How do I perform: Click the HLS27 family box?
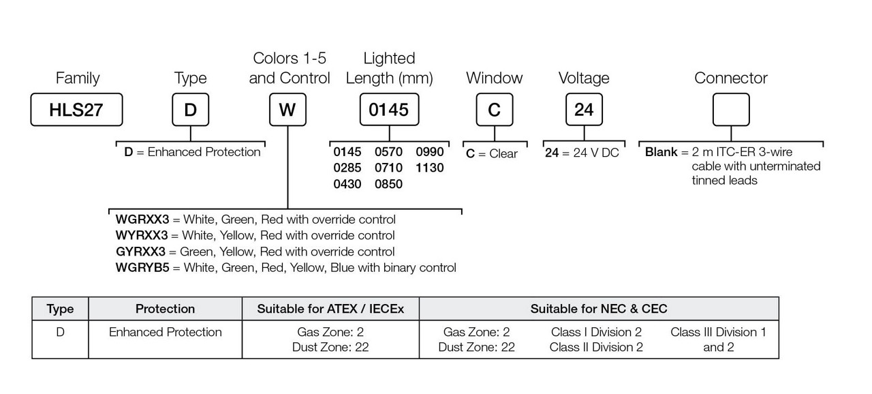76,110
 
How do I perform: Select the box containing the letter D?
190,110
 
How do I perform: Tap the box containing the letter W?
287,110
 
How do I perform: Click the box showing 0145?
389,110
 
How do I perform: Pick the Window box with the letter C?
494,110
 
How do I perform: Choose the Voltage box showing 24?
584,110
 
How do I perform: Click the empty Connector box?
731,110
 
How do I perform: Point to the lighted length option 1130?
430,168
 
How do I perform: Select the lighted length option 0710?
389,168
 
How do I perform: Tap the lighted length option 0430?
347,184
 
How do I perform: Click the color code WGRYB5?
142,268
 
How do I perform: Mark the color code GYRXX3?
141,252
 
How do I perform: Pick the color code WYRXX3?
141,235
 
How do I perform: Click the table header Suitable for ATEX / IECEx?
330,309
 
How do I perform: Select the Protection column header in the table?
165,309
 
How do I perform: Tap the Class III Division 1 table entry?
718,332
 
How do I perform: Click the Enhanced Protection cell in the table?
165,332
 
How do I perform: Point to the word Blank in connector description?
661,152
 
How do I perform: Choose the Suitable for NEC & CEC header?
599,309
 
